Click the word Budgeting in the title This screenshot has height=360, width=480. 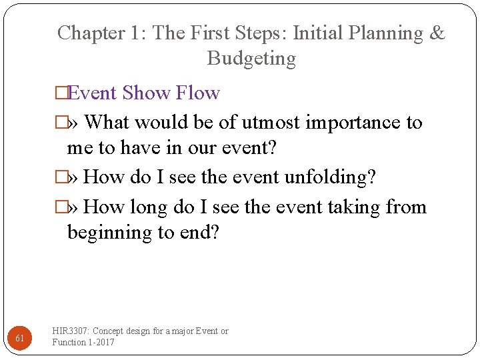click(x=251, y=59)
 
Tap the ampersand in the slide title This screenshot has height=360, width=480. click(x=437, y=33)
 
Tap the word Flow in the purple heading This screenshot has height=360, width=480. click(x=198, y=93)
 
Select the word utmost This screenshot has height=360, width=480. click(x=271, y=123)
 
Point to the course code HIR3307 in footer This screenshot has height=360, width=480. click(x=71, y=331)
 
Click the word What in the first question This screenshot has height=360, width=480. click(x=109, y=123)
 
